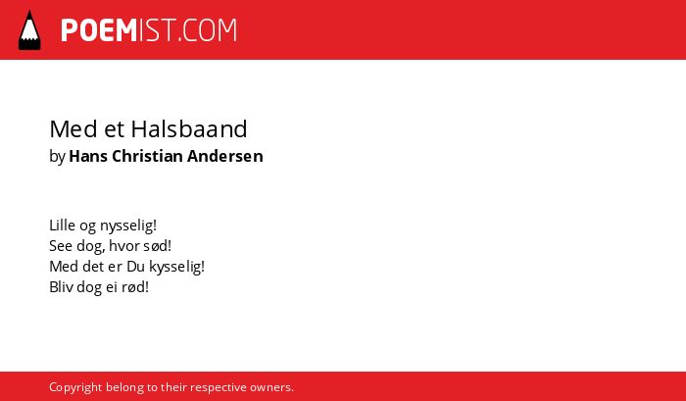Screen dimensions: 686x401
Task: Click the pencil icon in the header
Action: (x=29, y=29)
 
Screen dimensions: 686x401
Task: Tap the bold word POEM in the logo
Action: (x=99, y=30)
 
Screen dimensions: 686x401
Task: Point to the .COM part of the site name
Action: (x=208, y=30)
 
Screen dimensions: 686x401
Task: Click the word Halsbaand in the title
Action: (x=189, y=128)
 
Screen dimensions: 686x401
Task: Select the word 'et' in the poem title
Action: (x=115, y=129)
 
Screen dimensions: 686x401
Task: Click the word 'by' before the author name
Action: (x=57, y=157)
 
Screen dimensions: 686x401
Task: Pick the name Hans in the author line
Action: (x=88, y=156)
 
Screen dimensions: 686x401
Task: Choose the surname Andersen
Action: (x=225, y=156)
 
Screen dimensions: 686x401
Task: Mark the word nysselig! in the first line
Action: (x=128, y=226)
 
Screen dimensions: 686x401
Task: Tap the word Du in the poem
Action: (x=135, y=267)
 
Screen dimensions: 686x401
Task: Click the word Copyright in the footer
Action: (x=75, y=388)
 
